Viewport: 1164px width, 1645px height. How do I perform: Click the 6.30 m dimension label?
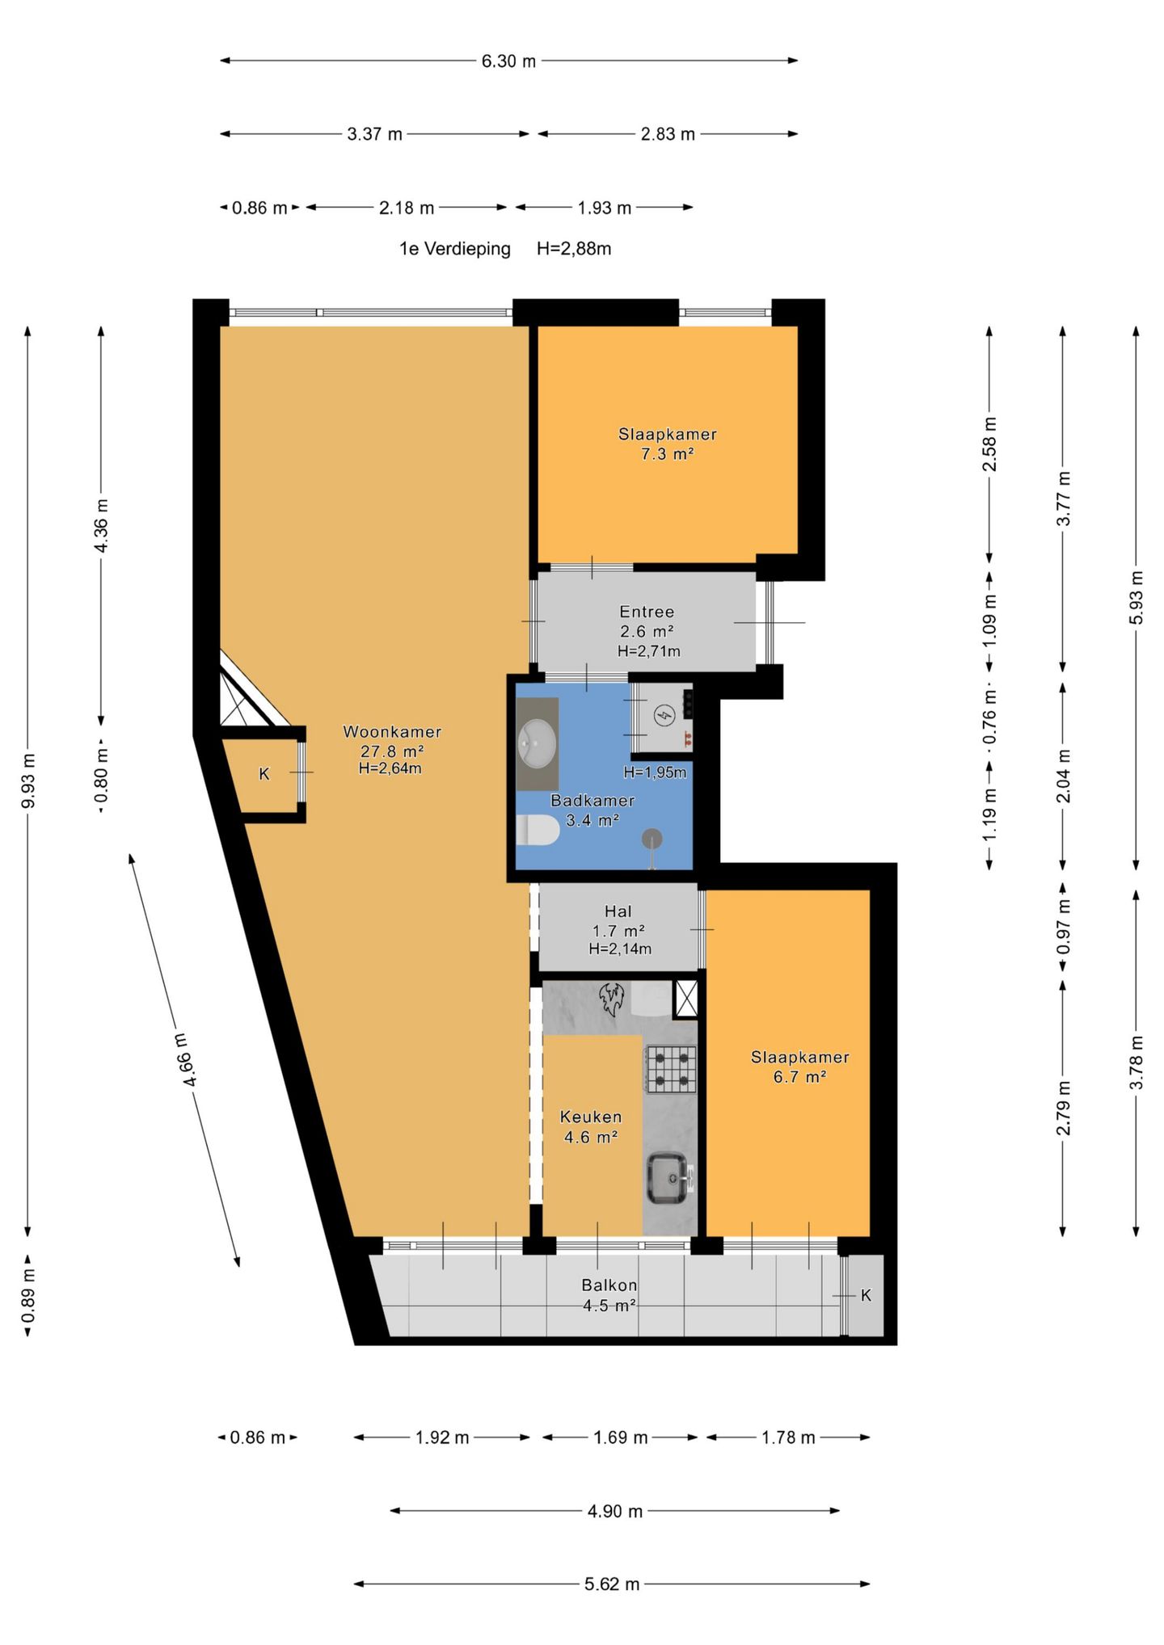coord(508,61)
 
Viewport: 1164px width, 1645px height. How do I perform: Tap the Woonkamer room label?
coord(392,732)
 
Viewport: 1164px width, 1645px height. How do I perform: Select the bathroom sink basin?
coord(537,743)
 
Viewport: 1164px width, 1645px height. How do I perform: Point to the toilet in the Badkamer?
coord(538,830)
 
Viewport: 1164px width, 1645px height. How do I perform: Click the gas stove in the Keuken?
coord(670,1069)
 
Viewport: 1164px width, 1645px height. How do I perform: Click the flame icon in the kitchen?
coord(612,999)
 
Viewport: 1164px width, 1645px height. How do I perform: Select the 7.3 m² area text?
coord(667,454)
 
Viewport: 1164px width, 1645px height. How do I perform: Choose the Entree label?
coord(647,612)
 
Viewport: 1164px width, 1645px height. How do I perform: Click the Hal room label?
coord(618,911)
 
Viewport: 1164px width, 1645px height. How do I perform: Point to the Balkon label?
coord(609,1285)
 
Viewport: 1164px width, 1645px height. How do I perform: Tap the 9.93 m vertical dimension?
coord(28,780)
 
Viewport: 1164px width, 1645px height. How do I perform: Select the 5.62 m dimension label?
coord(612,1584)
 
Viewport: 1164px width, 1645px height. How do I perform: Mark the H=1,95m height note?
coord(655,772)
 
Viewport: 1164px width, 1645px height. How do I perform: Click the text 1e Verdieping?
coord(455,249)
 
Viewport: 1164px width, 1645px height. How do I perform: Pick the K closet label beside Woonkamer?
coord(264,774)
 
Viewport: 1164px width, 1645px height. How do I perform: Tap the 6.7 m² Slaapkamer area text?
coord(799,1077)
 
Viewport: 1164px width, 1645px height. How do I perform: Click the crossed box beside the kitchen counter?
coord(685,998)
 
